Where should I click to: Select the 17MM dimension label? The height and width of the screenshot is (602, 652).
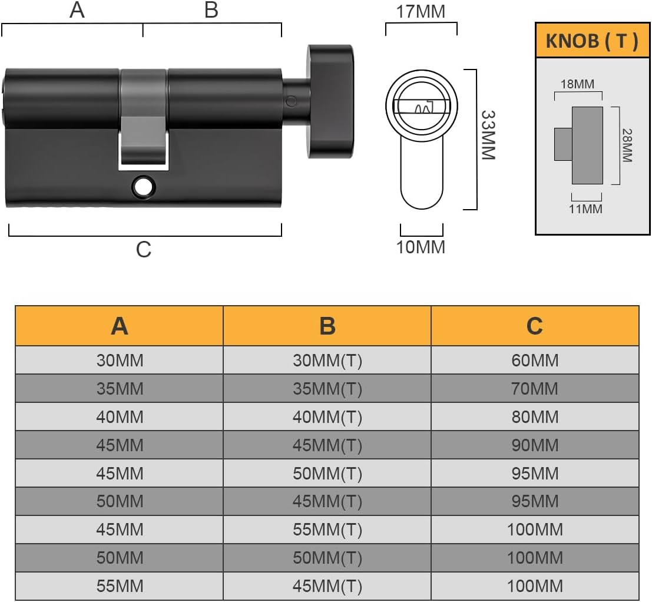(421, 11)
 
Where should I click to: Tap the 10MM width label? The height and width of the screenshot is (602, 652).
(421, 247)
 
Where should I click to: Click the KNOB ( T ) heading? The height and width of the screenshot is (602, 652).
(592, 41)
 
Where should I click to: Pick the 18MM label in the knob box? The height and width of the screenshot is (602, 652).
(578, 84)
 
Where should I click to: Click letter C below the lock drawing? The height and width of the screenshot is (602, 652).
(144, 250)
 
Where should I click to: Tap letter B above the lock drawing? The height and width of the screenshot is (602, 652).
(211, 10)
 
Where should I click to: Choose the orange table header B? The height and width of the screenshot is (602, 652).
(327, 326)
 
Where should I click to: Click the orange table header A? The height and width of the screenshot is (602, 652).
(120, 326)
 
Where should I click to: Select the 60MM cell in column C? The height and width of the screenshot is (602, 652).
(535, 360)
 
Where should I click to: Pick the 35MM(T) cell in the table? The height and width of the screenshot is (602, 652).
(327, 388)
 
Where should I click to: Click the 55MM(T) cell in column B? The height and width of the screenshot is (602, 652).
(327, 530)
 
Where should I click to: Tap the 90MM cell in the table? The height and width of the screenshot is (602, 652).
(535, 445)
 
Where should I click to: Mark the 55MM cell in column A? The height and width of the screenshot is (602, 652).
(120, 586)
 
